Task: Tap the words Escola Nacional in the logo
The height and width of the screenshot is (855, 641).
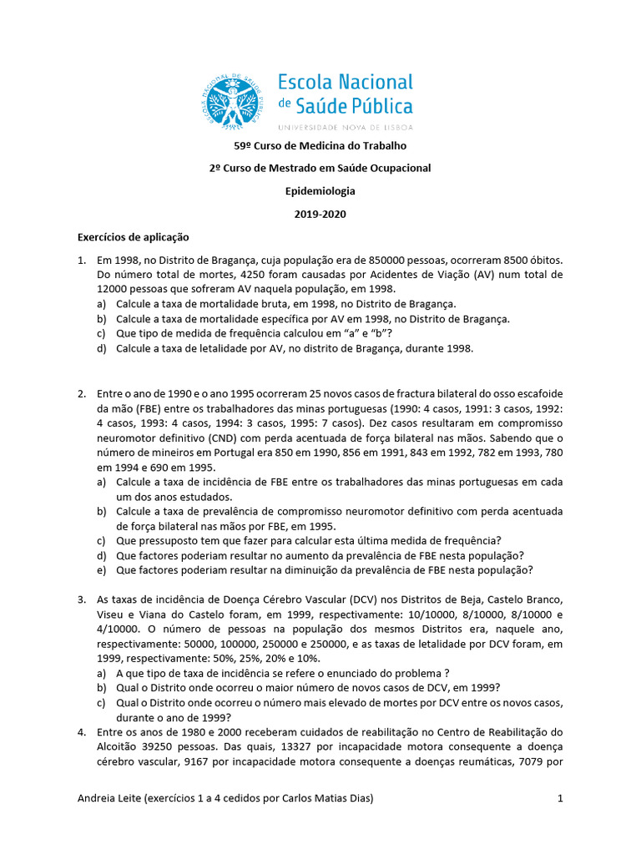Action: [345, 82]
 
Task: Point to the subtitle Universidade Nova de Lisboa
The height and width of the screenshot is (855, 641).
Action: [345, 127]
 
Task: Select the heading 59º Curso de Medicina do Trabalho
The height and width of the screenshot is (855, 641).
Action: [320, 146]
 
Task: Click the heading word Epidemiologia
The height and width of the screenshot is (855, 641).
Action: [320, 190]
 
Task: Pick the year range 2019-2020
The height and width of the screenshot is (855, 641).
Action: [320, 214]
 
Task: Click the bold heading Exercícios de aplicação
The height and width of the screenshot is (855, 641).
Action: [134, 236]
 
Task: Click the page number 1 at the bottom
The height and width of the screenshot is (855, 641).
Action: [561, 799]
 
